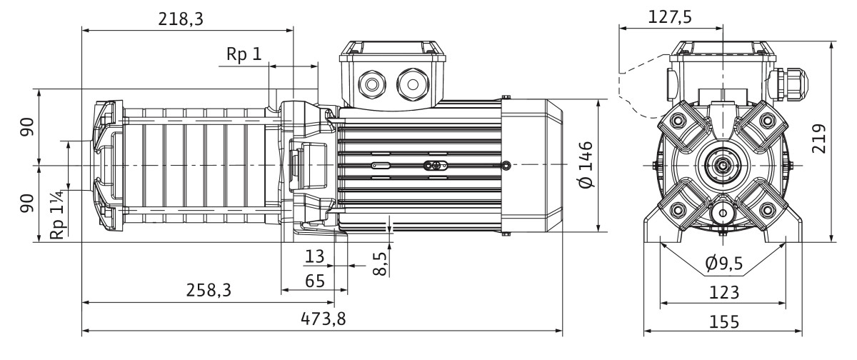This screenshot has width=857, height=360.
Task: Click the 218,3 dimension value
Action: (181, 19)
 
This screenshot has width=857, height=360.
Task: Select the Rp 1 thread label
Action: (244, 54)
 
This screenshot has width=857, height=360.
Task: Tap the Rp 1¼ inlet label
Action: (57, 214)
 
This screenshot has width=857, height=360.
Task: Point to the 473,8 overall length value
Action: (324, 319)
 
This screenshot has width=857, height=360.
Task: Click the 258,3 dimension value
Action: (209, 291)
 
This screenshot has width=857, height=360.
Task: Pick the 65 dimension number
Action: (315, 281)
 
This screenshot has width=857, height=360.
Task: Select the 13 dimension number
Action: (314, 256)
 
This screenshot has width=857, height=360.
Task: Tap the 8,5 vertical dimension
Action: (380, 263)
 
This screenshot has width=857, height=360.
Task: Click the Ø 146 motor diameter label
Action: (586, 165)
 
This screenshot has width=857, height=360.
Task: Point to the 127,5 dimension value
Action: (670, 17)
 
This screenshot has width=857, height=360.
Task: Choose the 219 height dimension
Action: (818, 139)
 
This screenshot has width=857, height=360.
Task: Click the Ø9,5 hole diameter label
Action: (724, 263)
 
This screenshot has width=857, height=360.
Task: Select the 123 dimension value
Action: (724, 293)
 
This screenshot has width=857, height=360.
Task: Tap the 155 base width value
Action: (724, 321)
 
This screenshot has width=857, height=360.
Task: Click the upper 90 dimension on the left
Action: (27, 127)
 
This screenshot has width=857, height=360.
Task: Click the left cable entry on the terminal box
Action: (372, 84)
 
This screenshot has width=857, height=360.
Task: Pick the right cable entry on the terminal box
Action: (413, 84)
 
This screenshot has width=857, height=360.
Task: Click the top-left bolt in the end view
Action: (678, 121)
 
